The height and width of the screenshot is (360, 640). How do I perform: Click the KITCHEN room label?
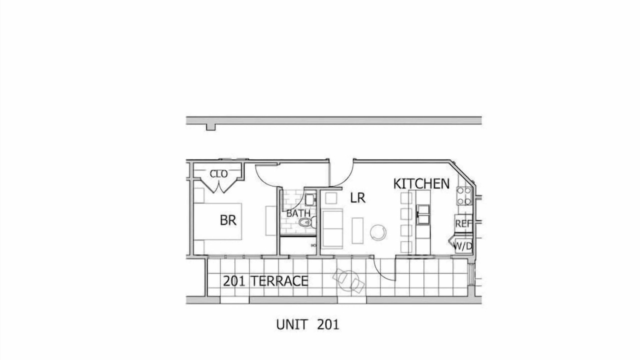point(421,183)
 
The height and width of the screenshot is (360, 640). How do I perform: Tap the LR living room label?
point(357,197)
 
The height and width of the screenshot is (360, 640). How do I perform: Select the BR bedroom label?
point(228,220)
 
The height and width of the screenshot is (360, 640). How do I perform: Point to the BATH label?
point(298,213)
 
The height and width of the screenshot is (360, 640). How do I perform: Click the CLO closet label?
point(218,173)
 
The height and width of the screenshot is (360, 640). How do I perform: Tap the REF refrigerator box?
point(463,223)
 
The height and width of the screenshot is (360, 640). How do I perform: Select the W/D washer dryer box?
point(463,245)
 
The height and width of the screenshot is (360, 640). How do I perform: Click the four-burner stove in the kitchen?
point(463,196)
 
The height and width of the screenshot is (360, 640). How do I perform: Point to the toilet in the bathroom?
point(307,222)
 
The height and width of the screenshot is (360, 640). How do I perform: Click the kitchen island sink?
point(423,214)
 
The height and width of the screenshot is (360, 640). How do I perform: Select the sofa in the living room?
point(332,228)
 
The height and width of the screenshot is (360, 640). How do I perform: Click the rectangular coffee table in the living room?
point(357,230)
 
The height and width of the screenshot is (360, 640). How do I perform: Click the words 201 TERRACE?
point(265,281)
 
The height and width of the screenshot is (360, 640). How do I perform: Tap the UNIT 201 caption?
point(307,324)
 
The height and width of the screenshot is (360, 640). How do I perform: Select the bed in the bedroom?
point(217,221)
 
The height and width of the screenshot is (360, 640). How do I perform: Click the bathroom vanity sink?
point(310,199)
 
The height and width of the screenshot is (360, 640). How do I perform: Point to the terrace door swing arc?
point(380,271)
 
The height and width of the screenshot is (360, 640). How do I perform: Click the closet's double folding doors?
point(218,185)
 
